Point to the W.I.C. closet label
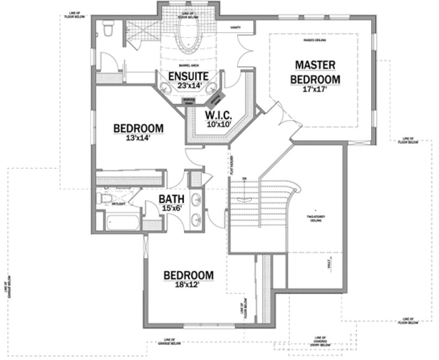[x=218, y=115]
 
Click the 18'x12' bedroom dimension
[x=188, y=285]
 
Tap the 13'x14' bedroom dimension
[x=138, y=138]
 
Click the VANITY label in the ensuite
[x=235, y=27]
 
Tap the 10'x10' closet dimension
[x=218, y=124]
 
